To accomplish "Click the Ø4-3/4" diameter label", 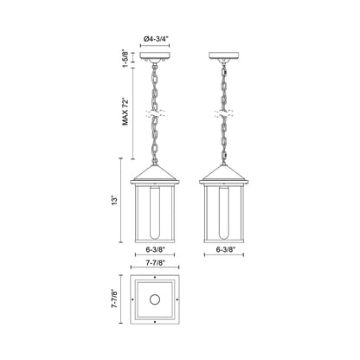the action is (156, 39).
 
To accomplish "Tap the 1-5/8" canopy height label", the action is (125, 59).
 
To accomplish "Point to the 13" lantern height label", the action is (115, 201).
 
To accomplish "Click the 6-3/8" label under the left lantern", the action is (155, 249).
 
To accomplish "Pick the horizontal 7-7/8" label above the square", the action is (155, 262).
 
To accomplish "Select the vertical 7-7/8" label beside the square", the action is (115, 299).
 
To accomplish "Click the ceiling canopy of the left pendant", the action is (155, 55).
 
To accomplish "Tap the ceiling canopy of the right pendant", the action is (223, 55).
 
